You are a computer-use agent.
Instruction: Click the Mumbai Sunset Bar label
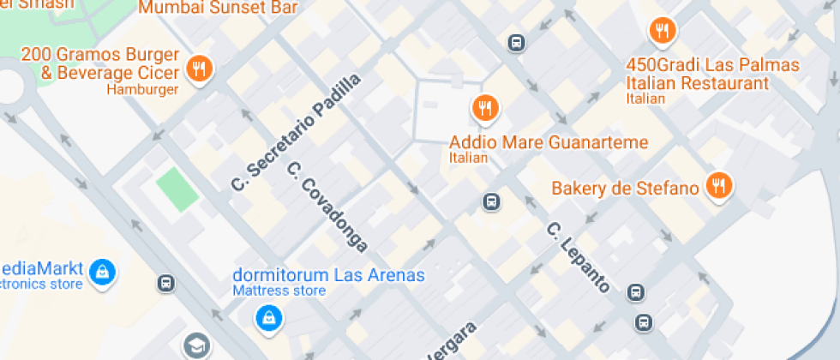(x=218, y=8)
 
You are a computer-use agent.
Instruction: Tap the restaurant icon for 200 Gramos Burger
(x=199, y=69)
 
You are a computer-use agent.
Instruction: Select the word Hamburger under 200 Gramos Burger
(x=142, y=89)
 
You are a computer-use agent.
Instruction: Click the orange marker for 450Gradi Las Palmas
(x=662, y=32)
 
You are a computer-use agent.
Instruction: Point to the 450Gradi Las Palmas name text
(x=711, y=66)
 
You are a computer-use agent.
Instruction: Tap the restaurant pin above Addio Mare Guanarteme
(x=485, y=108)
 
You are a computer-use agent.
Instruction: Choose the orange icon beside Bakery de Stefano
(x=718, y=185)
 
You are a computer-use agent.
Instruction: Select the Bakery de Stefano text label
(x=625, y=188)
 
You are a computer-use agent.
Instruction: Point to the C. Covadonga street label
(x=327, y=207)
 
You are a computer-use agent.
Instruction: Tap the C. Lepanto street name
(x=579, y=257)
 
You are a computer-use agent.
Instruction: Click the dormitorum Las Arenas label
(x=329, y=275)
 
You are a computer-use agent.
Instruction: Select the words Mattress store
(x=279, y=291)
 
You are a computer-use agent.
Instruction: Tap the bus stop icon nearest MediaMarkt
(x=166, y=282)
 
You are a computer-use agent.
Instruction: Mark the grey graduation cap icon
(x=196, y=345)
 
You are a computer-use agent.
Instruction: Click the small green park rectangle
(x=177, y=189)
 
